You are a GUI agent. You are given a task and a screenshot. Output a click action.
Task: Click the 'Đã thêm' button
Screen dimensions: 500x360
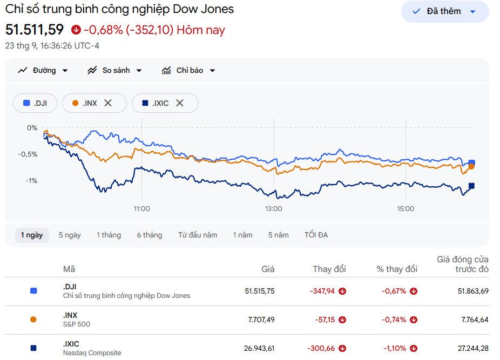click(445, 11)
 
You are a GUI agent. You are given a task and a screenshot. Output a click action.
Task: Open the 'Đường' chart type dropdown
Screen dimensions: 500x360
click(43, 71)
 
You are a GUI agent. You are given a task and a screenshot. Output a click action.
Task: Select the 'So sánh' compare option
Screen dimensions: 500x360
click(115, 71)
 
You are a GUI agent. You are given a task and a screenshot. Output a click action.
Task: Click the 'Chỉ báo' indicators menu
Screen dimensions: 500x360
click(188, 71)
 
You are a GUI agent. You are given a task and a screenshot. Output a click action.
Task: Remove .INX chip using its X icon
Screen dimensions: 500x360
click(108, 103)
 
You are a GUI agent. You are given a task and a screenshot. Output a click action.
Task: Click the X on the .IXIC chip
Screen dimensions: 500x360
click(179, 103)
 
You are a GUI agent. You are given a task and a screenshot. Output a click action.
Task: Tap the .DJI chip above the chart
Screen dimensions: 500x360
click(35, 103)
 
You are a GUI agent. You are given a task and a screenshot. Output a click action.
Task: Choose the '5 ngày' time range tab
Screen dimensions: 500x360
click(70, 235)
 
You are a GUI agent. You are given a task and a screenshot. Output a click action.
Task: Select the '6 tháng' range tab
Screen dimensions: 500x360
click(150, 235)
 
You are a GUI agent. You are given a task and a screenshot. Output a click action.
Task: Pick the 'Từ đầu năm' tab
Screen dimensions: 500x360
click(198, 235)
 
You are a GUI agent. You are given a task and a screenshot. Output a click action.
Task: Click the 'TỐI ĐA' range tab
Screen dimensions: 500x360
click(316, 235)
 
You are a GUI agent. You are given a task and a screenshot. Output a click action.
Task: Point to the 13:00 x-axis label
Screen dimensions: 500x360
click(274, 209)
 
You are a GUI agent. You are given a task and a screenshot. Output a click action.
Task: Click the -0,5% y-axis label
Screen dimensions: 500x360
click(28, 154)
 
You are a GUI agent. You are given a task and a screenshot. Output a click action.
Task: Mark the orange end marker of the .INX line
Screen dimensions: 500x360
click(471, 166)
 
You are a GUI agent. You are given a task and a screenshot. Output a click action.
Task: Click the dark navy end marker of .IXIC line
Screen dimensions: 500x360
click(471, 186)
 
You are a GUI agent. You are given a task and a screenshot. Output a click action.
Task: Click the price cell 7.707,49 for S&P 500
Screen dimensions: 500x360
click(261, 320)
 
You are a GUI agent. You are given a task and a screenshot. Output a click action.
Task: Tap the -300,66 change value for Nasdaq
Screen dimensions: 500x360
click(321, 348)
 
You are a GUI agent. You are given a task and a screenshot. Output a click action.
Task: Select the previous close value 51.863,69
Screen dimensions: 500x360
click(473, 291)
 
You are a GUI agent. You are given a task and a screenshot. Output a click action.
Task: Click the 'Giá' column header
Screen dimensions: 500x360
click(268, 269)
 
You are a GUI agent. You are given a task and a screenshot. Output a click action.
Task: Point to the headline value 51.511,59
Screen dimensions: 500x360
click(35, 30)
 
